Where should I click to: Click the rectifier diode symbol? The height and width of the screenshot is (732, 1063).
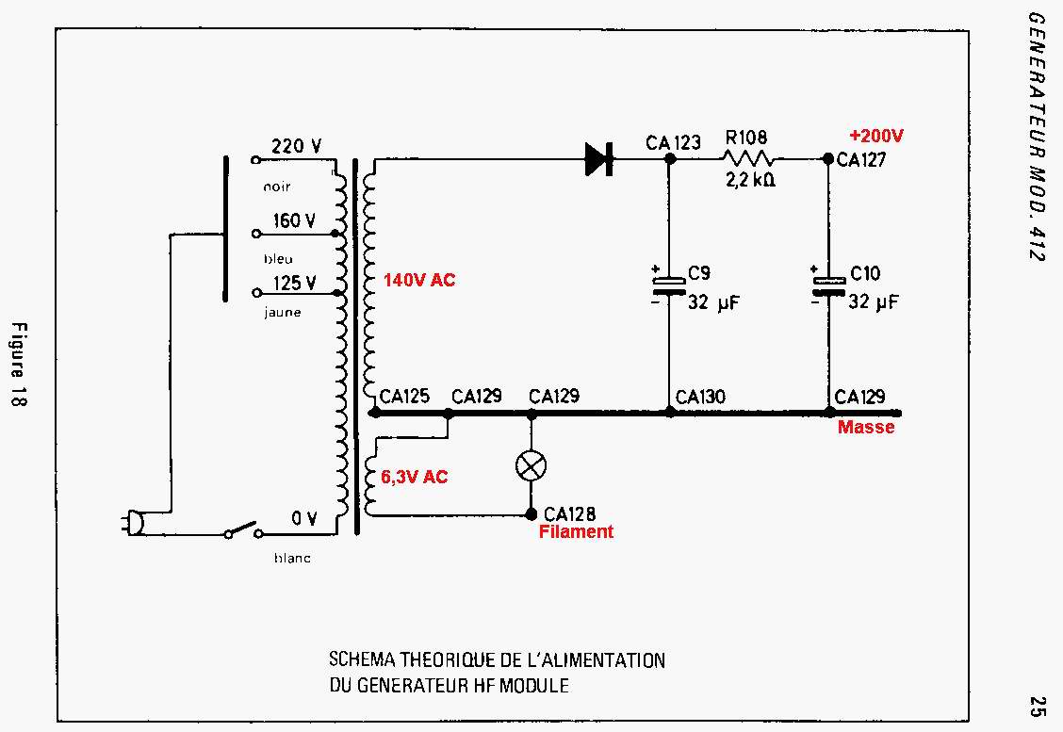(599, 159)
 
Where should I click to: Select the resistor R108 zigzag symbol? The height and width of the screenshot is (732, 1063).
(747, 159)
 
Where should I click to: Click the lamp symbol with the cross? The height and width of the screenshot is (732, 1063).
(531, 465)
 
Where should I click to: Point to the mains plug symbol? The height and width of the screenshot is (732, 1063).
(133, 523)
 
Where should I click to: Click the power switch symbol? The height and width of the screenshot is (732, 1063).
(244, 529)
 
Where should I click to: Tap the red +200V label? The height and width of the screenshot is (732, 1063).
(875, 136)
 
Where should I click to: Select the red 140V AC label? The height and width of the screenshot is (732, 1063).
(419, 280)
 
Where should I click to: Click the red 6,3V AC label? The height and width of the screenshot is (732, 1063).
(415, 477)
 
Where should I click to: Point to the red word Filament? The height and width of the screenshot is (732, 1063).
(576, 531)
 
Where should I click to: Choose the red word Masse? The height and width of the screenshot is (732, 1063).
(866, 427)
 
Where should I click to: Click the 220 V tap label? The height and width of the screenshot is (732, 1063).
(296, 146)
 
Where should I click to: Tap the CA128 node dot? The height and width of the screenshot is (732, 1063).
(531, 514)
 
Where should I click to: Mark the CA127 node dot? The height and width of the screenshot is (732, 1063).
(827, 158)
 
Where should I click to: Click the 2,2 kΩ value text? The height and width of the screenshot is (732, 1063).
(750, 180)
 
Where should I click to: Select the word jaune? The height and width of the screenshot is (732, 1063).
(282, 313)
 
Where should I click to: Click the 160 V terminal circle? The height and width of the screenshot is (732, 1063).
(255, 234)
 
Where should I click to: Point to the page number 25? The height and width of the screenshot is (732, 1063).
(1036, 706)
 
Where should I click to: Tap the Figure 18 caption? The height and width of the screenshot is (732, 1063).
(20, 365)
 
